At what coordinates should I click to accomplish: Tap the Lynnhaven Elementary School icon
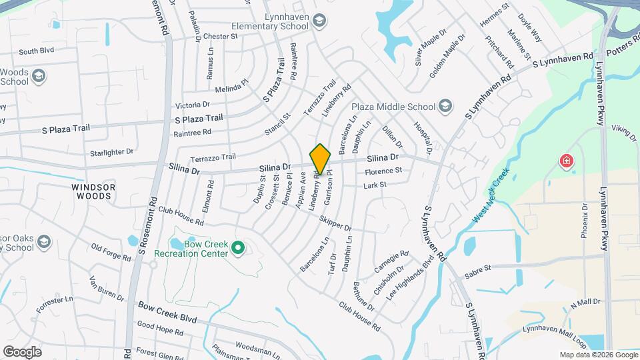click(318, 21)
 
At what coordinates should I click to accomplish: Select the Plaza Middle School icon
click(445, 106)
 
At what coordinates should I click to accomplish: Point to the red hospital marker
click(566, 161)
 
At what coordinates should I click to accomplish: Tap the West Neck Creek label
click(491, 196)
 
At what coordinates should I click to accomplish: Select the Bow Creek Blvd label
click(167, 311)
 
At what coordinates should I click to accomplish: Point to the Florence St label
click(383, 171)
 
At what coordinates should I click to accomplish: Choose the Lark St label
click(375, 185)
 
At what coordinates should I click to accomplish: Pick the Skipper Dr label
click(335, 224)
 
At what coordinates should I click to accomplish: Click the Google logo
click(23, 351)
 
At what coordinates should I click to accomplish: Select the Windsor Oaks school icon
click(45, 241)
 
